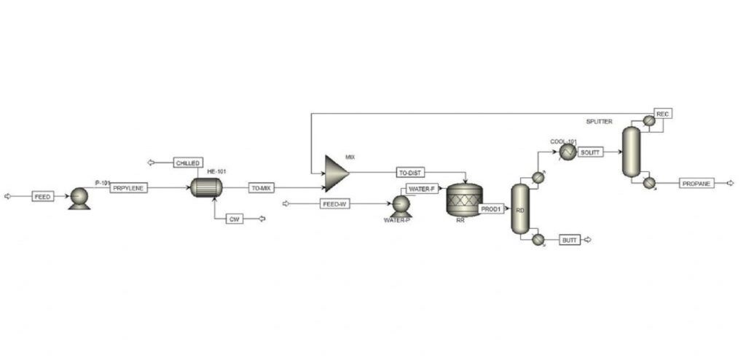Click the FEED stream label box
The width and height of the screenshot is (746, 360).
pyautogui.click(x=43, y=196)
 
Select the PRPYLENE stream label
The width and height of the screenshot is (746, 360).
pyautogui.click(x=129, y=187)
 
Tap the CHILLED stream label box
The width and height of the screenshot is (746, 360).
pyautogui.click(x=188, y=163)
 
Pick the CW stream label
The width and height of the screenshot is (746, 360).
pyautogui.click(x=234, y=219)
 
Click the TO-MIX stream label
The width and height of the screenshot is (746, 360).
pyautogui.click(x=262, y=188)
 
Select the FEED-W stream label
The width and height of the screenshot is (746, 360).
pyautogui.click(x=335, y=204)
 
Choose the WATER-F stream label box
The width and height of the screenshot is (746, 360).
pyautogui.click(x=423, y=189)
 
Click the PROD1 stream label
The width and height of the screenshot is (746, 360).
pyautogui.click(x=491, y=208)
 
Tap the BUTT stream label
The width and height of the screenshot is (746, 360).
pyautogui.click(x=570, y=240)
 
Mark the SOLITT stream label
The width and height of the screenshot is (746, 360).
pyautogui.click(x=591, y=152)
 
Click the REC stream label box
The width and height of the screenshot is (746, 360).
pyautogui.click(x=663, y=114)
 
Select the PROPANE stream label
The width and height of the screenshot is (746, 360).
pyautogui.click(x=697, y=183)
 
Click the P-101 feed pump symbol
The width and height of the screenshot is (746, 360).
pyautogui.click(x=79, y=198)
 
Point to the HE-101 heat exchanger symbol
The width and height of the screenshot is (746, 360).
pyautogui.click(x=206, y=187)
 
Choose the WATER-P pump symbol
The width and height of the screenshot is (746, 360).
pyautogui.click(x=401, y=206)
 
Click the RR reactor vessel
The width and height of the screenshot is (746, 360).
pyautogui.click(x=464, y=200)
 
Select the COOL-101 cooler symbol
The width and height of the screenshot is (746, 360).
pyautogui.click(x=568, y=152)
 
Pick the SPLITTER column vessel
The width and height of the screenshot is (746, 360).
pyautogui.click(x=632, y=152)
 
